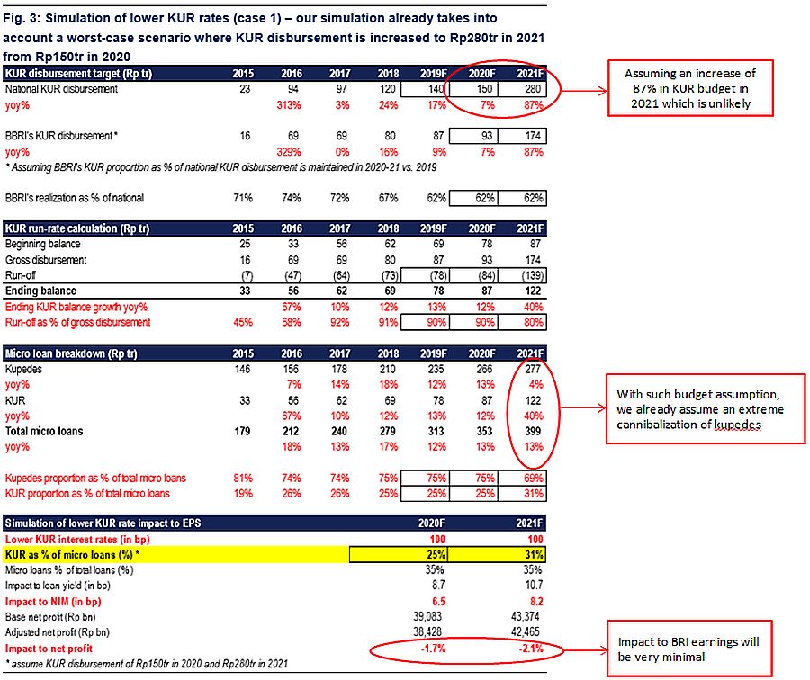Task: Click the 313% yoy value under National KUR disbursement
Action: (x=289, y=105)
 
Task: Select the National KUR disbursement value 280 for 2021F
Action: (x=533, y=89)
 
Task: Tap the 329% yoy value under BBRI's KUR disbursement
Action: (x=289, y=152)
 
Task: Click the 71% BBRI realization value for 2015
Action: (x=243, y=198)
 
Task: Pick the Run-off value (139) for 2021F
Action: (x=533, y=276)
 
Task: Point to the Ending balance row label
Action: (x=40, y=291)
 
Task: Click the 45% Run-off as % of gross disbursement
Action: (x=243, y=323)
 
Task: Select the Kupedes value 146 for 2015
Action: (x=242, y=370)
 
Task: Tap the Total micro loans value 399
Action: (x=533, y=432)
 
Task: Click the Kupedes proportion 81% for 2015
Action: (x=243, y=479)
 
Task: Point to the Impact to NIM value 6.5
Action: (x=438, y=602)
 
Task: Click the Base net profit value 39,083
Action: (x=427, y=617)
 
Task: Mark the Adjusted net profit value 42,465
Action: (x=525, y=632)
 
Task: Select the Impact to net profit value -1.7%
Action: (x=433, y=649)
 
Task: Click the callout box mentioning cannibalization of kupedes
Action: (x=705, y=409)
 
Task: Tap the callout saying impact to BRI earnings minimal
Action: (x=689, y=649)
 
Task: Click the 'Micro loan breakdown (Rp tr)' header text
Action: (x=71, y=354)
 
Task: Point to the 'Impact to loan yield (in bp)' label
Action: (x=58, y=586)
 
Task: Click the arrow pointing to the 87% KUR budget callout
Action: (x=584, y=91)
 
